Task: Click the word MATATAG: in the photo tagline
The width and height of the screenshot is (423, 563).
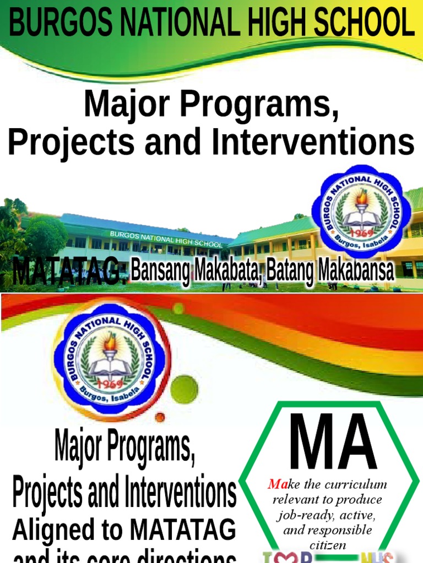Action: click(69, 272)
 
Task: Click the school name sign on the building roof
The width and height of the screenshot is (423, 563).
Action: click(166, 239)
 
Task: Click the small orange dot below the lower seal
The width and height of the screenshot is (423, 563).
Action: click(160, 417)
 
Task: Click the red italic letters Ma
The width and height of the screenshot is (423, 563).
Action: click(275, 484)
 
